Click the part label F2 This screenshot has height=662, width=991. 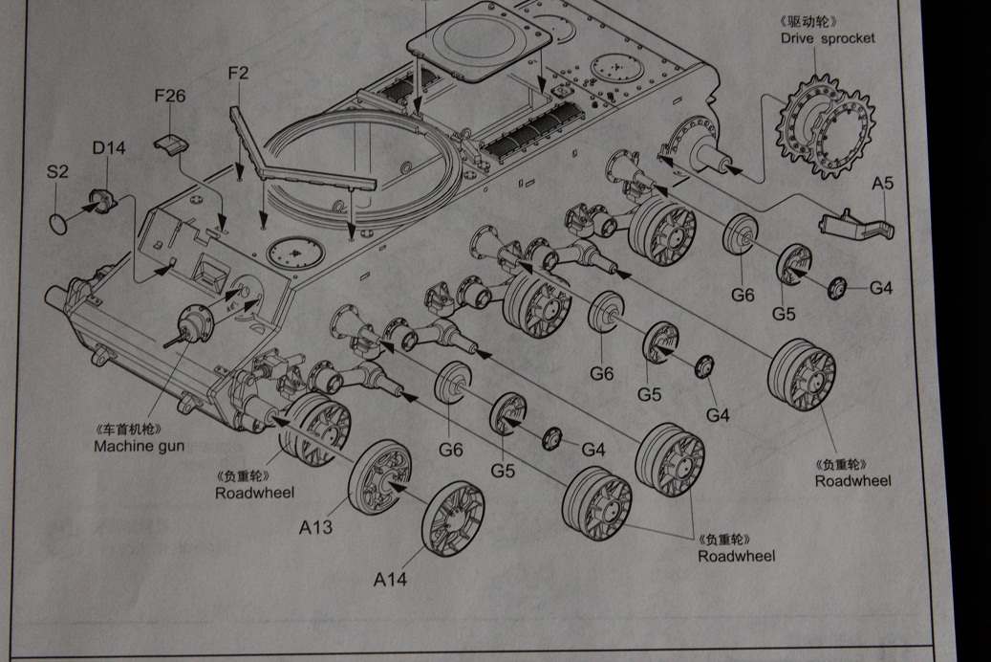[238, 73]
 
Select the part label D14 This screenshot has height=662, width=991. [109, 148]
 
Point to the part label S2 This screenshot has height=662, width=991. [57, 172]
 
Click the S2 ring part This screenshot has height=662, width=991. [59, 223]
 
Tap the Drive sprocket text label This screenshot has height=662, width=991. [827, 39]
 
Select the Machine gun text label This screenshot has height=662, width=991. [139, 446]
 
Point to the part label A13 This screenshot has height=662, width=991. [315, 526]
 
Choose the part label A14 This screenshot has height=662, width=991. [390, 579]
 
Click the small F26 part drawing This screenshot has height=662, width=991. [170, 143]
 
